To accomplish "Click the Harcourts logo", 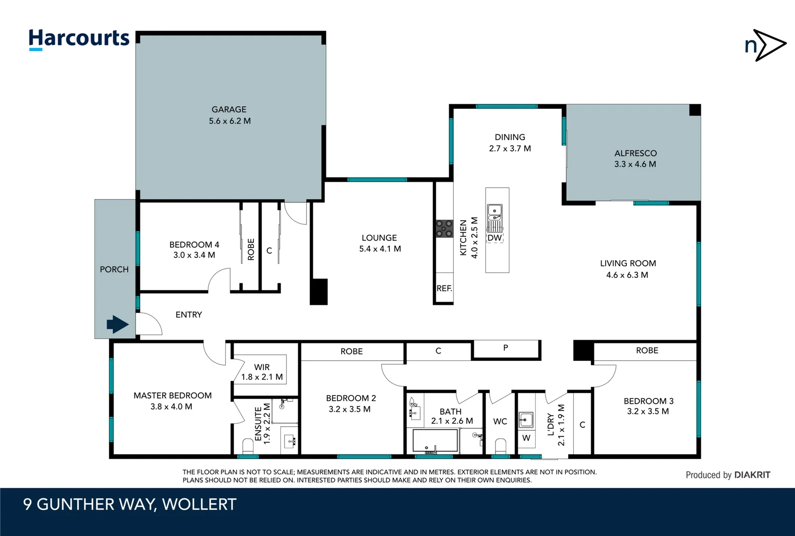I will coord(79,39).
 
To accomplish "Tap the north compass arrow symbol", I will coord(766,45).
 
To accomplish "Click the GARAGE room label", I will coord(229,109).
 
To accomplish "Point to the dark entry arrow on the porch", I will coord(118,325).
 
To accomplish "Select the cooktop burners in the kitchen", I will coord(444,229).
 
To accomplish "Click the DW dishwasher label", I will coord(494,238).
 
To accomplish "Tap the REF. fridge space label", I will coord(444,288).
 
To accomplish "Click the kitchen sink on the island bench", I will coord(494,212).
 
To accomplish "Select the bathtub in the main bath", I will coord(435,440).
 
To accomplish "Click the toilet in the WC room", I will coord(500,445).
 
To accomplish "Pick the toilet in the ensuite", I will coord(247,445).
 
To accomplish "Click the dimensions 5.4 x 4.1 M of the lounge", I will coord(380,249).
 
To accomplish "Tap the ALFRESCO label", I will coord(635,153).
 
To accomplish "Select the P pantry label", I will coord(505,348).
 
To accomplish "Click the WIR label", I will coord(262,367).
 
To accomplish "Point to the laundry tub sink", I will coord(526,420).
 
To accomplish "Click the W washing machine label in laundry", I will coord(526,438).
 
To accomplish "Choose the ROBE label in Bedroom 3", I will coord(647,350).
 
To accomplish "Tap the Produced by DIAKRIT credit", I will coord(728,475).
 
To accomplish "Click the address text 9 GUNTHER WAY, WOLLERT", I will coord(130,504).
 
